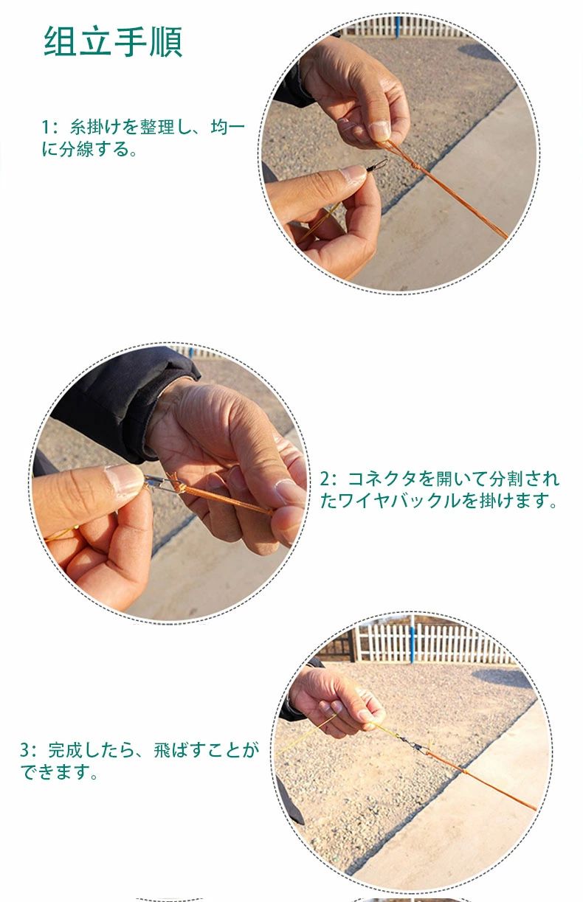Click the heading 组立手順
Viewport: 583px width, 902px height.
[113, 41]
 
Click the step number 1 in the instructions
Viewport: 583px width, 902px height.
[46, 127]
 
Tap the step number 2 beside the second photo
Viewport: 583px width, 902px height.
[325, 479]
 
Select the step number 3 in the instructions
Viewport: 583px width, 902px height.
[25, 750]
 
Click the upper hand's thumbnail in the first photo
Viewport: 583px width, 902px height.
[379, 131]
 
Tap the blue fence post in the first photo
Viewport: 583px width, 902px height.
[398, 27]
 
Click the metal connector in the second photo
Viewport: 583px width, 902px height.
[161, 484]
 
